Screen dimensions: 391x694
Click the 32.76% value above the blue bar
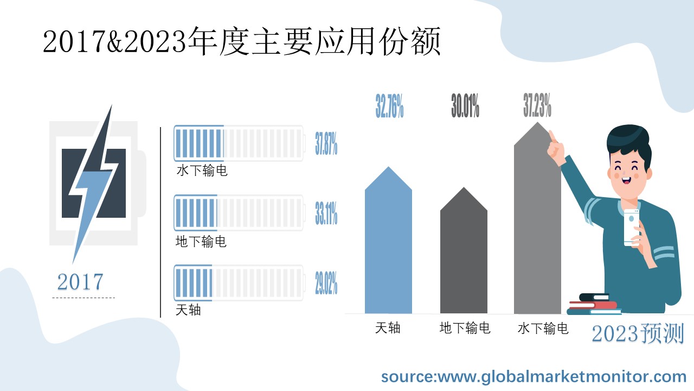[389, 106]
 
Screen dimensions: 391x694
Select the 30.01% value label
[465, 106]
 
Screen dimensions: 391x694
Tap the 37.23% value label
[537, 105]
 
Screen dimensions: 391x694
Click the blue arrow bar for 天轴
[388, 244]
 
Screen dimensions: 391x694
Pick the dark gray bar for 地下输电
[464, 255]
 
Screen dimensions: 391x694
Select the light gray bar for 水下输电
[537, 223]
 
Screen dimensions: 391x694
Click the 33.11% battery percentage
[326, 213]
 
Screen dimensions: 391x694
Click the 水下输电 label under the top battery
[202, 171]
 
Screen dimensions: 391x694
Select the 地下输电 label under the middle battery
[201, 241]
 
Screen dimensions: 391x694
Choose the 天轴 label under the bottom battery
[188, 311]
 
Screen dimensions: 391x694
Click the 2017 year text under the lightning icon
[80, 282]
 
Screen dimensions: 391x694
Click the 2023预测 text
[638, 333]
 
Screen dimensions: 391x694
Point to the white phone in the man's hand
[632, 227]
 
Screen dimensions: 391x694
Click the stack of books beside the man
[593, 305]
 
